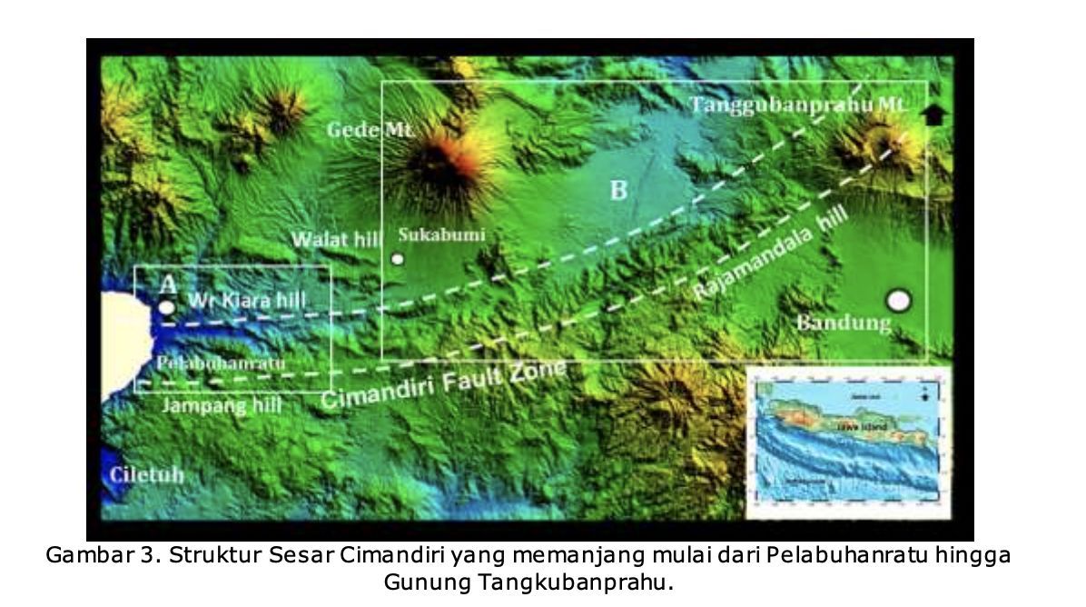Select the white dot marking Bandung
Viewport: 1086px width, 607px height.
(898, 300)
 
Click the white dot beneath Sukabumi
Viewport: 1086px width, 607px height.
(397, 259)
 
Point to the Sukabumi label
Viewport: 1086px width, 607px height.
(442, 234)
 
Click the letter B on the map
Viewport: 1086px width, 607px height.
(617, 190)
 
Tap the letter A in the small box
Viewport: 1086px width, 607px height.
(168, 284)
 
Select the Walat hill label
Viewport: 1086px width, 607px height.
(333, 239)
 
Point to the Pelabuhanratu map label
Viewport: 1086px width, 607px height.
(221, 363)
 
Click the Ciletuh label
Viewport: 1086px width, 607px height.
(146, 475)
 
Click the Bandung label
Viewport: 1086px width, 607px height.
(844, 323)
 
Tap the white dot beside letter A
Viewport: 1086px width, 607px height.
(166, 307)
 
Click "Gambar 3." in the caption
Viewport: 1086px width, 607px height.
(87, 556)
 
